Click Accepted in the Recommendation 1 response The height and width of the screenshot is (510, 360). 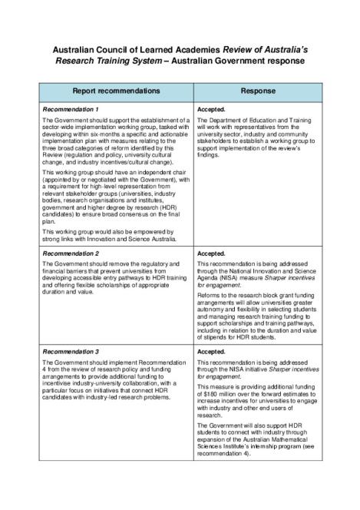click(x=211, y=110)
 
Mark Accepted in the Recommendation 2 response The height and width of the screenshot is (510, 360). click(x=211, y=253)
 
